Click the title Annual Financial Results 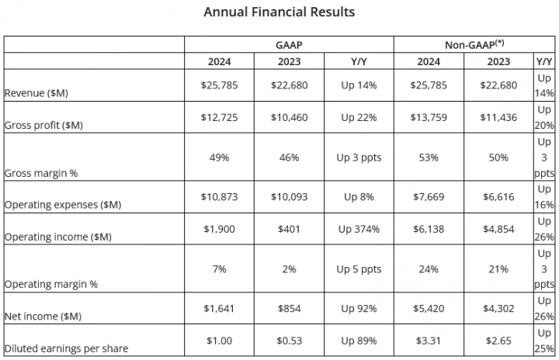[x=279, y=12]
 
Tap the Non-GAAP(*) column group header [x=474, y=45]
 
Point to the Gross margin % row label [x=41, y=173]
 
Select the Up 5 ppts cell [x=358, y=268]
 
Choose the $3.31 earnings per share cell [x=428, y=340]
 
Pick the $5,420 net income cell [x=428, y=309]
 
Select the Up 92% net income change [x=358, y=309]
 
